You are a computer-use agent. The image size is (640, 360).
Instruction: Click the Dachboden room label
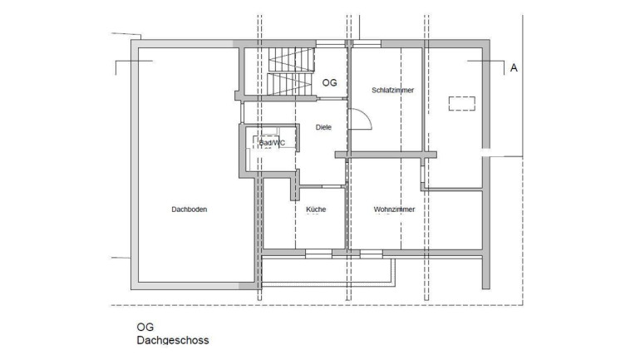(x=189, y=210)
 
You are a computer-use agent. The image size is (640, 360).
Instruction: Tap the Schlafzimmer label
(x=392, y=90)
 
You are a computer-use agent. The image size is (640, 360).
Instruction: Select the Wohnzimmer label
(x=394, y=210)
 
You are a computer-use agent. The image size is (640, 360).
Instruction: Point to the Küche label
(x=316, y=210)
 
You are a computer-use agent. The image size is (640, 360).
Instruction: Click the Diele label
(x=323, y=127)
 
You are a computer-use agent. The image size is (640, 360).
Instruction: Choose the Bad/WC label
(x=272, y=143)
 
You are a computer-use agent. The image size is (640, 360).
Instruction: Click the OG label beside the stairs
(x=330, y=83)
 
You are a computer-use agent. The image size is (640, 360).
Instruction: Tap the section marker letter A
(x=514, y=67)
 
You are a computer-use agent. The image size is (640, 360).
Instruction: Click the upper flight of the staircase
(x=292, y=60)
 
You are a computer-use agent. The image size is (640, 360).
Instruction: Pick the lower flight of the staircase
(x=289, y=84)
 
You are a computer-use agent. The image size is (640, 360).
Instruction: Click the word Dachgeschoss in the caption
(x=173, y=340)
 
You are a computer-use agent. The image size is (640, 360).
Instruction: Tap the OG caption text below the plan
(x=145, y=328)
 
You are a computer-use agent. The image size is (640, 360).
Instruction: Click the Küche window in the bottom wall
(x=319, y=254)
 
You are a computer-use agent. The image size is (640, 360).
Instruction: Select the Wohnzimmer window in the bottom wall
(x=371, y=254)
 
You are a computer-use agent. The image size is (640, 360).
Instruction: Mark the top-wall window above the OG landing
(x=330, y=44)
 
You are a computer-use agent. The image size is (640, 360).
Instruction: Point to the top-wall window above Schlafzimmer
(x=367, y=44)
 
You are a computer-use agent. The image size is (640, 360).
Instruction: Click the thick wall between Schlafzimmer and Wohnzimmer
(x=386, y=155)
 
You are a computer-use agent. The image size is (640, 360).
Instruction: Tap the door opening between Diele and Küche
(x=322, y=186)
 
